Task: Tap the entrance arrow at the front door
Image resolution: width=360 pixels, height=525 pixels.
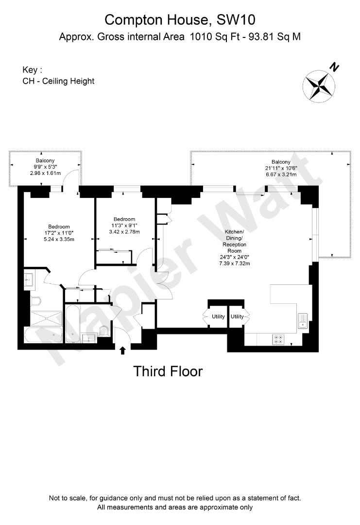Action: tap(122, 349)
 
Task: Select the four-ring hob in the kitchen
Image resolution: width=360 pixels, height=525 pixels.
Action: tap(279, 339)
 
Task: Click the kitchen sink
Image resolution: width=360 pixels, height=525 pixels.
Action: tap(303, 321)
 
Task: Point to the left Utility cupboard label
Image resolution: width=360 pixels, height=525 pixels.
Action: tap(218, 317)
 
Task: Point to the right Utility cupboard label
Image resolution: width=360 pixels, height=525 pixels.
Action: tap(237, 317)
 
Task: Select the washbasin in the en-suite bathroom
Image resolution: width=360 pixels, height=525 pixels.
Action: tap(28, 280)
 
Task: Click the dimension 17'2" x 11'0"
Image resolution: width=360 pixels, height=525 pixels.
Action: tap(59, 233)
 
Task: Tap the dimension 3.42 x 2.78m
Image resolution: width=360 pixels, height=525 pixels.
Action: tap(124, 232)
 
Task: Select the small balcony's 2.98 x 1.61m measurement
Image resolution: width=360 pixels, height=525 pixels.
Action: tap(45, 173)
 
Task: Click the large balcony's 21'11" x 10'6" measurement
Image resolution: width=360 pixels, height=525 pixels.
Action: tap(281, 168)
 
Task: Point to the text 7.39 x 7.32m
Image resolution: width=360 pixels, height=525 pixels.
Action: tap(235, 263)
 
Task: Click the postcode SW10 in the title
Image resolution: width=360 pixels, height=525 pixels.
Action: tap(234, 20)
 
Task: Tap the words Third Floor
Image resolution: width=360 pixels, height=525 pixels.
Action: tap(168, 372)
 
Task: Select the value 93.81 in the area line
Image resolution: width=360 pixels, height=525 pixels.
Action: tap(257, 36)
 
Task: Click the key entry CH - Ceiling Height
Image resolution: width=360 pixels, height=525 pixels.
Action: tap(59, 81)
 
